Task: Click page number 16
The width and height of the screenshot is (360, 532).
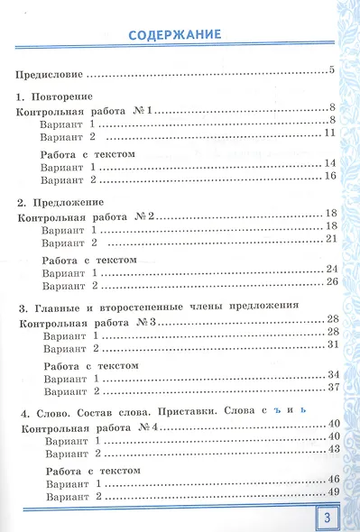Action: coord(328,175)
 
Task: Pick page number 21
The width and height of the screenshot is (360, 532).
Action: coord(328,239)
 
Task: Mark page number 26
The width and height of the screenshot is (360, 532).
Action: coord(328,281)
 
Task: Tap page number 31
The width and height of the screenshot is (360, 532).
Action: coord(328,345)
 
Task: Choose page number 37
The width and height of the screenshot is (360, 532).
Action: coord(328,390)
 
